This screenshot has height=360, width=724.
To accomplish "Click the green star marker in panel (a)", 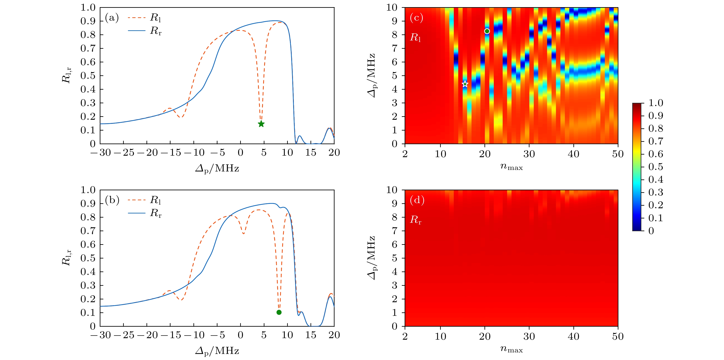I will (261, 124).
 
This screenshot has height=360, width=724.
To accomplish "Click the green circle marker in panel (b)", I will (279, 312).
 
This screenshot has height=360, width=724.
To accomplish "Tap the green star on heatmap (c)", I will (465, 84).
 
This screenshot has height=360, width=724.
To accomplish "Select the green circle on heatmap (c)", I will (487, 31).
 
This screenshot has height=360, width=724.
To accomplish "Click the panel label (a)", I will (112, 18).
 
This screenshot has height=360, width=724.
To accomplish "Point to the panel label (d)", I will (417, 200).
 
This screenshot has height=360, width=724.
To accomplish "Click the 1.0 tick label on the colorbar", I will (655, 103).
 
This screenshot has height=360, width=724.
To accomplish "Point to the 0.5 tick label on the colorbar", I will (655, 167).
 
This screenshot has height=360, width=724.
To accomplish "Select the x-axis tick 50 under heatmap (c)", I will (618, 154).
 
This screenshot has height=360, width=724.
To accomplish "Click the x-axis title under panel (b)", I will (217, 351).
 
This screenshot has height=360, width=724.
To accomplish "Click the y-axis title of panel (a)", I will (66, 75).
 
